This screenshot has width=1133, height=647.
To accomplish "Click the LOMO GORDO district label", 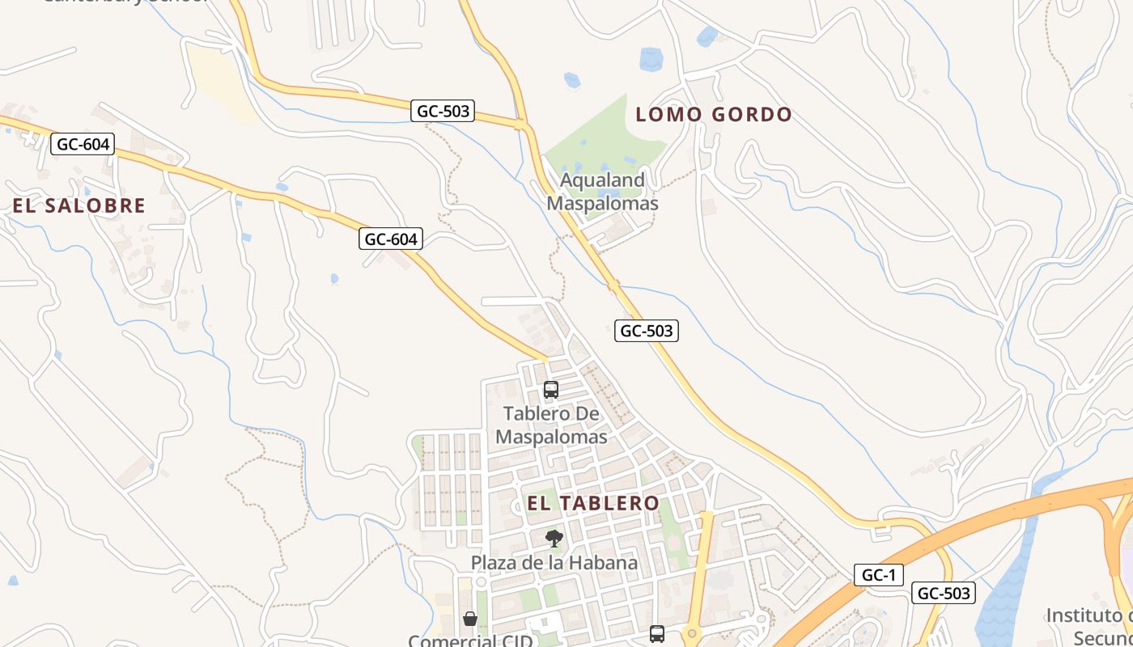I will [713, 115].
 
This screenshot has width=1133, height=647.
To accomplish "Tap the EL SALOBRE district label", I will [79, 205].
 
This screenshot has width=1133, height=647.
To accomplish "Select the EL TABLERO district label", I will [593, 503].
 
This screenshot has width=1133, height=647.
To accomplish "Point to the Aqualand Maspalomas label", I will [603, 192].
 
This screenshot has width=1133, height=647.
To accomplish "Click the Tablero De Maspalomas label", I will [551, 425].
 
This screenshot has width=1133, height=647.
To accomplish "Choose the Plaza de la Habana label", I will [554, 562].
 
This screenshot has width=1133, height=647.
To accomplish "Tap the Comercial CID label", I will [470, 641].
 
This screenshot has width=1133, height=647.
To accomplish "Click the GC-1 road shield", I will [878, 575].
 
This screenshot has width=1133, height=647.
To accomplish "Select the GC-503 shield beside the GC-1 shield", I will [944, 593].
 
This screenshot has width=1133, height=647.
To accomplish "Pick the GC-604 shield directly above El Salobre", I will [83, 145].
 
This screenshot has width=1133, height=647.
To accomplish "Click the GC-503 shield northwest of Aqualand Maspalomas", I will [442, 111].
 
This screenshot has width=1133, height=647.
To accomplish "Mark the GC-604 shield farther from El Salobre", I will [391, 239].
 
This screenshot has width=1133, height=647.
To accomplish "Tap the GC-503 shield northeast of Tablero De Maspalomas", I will [646, 330].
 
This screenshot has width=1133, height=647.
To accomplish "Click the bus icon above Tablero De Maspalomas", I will [551, 390].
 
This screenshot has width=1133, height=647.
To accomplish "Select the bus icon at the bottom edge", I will [657, 634].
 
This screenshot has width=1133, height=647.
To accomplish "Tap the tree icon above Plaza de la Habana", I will [554, 538].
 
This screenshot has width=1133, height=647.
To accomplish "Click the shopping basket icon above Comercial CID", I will [470, 620].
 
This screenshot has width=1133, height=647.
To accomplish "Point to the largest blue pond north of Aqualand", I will [651, 59].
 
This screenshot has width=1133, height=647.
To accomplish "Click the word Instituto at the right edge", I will [1089, 615].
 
